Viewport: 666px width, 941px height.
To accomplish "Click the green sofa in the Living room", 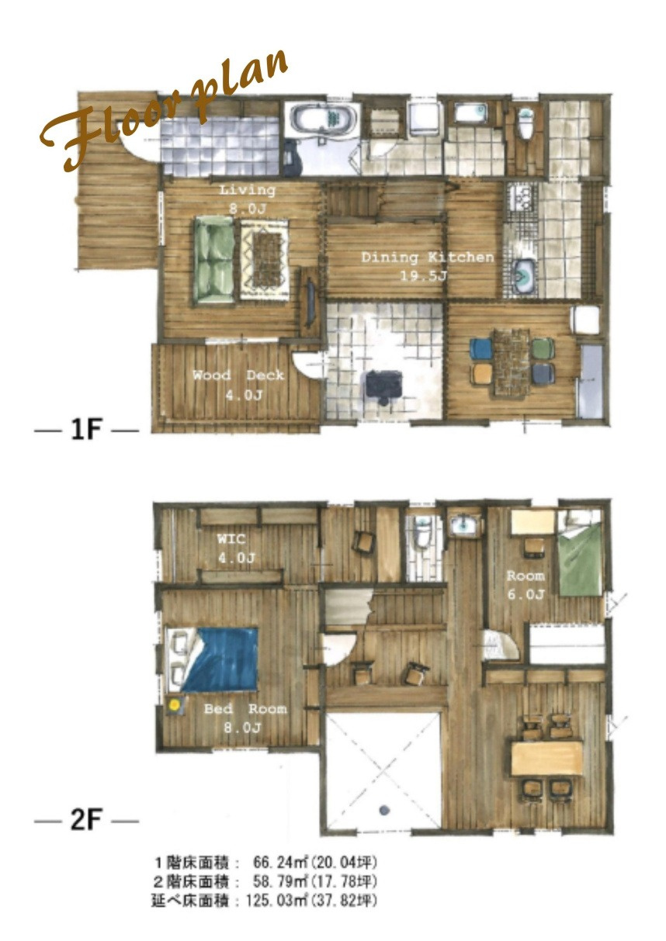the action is click(214, 261).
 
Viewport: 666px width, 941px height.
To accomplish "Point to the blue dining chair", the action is click(481, 348).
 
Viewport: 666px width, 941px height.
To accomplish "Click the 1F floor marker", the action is click(87, 430).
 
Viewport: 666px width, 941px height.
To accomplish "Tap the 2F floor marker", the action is click(87, 820).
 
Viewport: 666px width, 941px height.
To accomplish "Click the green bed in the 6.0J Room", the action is click(580, 553).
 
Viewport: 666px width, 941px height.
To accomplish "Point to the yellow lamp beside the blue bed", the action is click(174, 705).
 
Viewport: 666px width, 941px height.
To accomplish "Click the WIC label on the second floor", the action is click(231, 538).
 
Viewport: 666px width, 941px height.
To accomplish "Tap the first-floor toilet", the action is click(526, 123).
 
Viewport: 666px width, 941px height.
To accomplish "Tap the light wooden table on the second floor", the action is click(546, 758).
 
